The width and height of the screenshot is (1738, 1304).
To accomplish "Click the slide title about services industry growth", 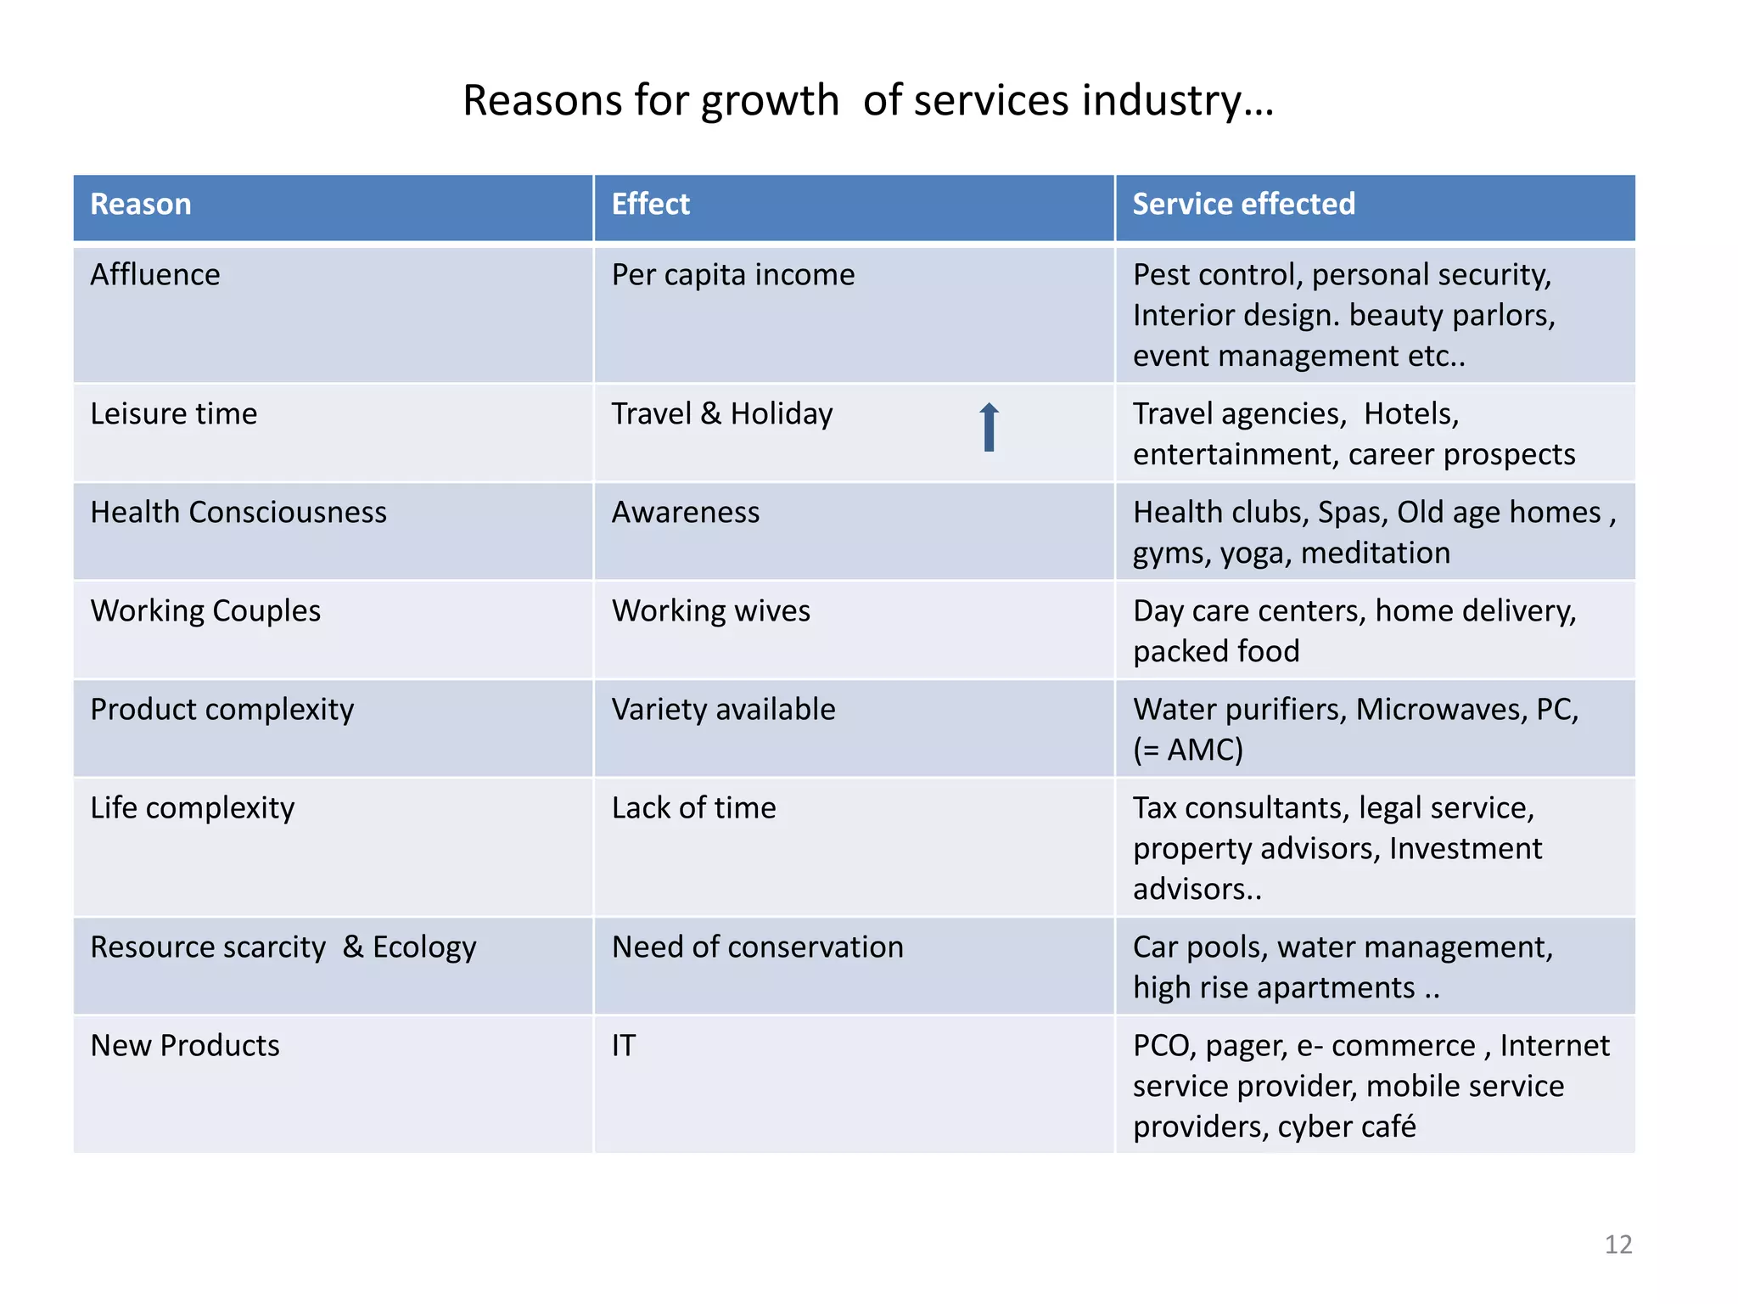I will (x=868, y=101).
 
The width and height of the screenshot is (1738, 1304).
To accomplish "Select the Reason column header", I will (x=141, y=205).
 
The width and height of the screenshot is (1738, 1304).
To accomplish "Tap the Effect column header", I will (x=650, y=205).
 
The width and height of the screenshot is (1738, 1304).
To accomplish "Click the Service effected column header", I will (x=1243, y=205).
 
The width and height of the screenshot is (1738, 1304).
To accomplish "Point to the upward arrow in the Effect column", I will (x=989, y=426).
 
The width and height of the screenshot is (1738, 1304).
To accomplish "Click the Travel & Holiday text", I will (x=722, y=414).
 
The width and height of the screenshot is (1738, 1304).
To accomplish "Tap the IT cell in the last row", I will (x=624, y=1046).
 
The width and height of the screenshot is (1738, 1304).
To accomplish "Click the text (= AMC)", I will (x=1188, y=750).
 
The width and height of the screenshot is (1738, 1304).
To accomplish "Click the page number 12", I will (x=1617, y=1245).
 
